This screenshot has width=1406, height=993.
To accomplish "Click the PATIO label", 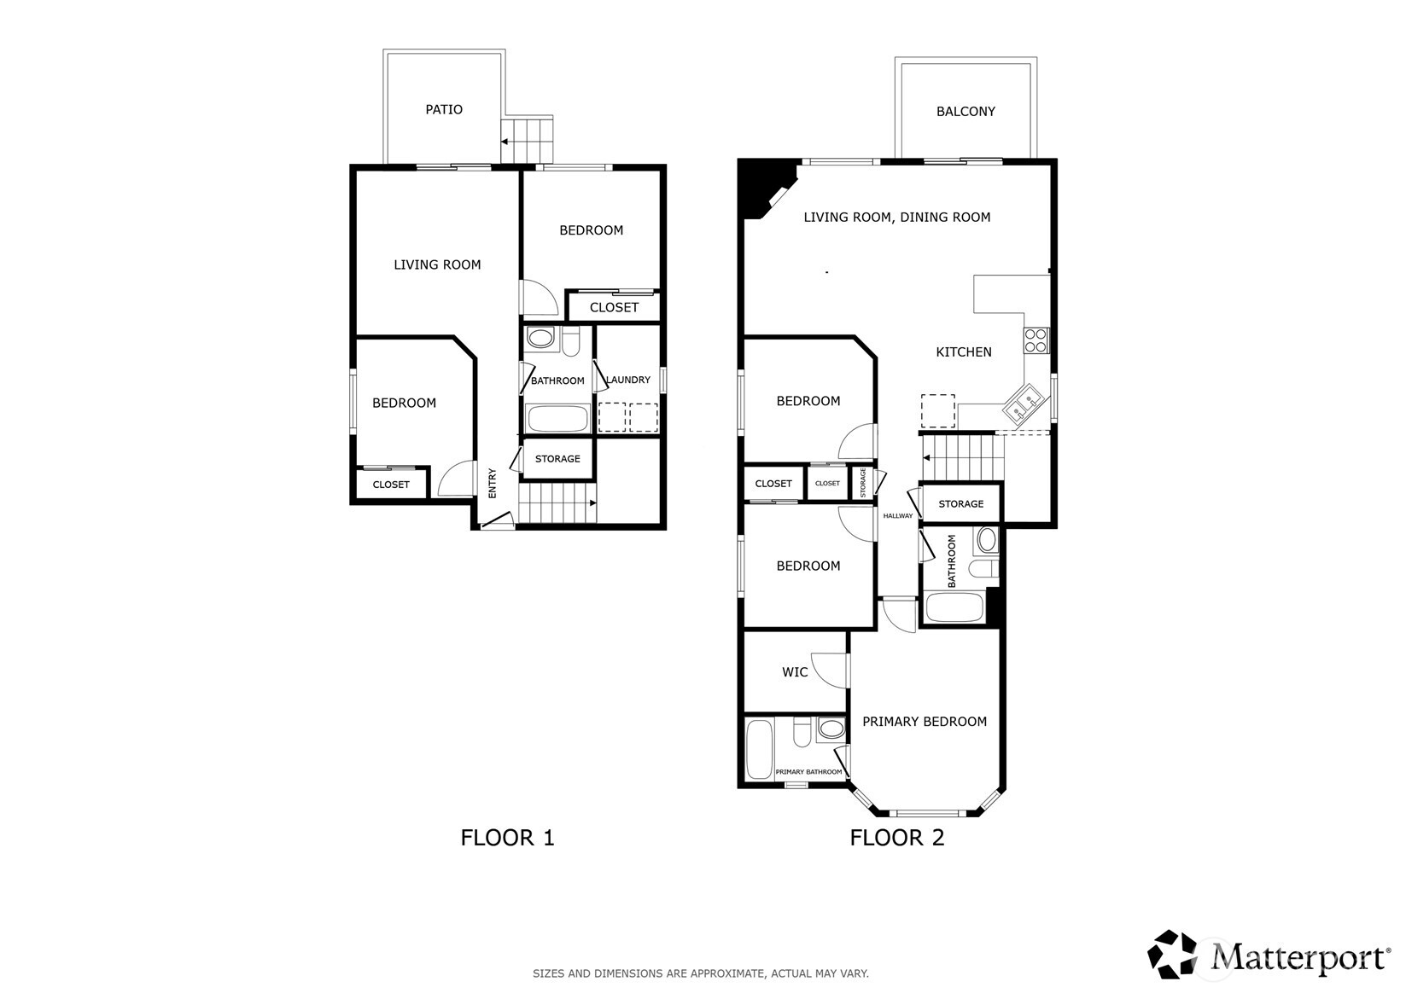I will click(x=444, y=109).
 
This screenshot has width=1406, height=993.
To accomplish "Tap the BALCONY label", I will click(x=966, y=111).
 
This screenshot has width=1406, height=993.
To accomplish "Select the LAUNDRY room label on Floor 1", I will click(x=627, y=380).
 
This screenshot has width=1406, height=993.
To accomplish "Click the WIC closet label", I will click(x=795, y=672).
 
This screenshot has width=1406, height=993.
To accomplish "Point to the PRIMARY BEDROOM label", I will click(x=925, y=722).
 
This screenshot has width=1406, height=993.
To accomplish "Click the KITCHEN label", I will click(x=964, y=351).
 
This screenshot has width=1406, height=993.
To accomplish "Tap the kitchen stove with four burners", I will click(x=1036, y=340).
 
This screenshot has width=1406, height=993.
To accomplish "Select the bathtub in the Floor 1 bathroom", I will click(x=557, y=419).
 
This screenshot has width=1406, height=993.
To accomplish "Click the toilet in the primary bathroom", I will click(x=802, y=731).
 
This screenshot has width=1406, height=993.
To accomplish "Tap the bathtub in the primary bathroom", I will click(x=759, y=750).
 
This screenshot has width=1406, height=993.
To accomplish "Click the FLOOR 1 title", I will click(x=507, y=838).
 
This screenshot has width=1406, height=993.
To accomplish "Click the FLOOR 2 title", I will click(x=896, y=838).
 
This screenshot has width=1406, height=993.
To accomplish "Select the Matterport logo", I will click(x=1269, y=955).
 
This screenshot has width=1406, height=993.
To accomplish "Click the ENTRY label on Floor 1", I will click(x=493, y=484).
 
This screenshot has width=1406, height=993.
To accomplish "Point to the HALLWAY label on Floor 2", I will click(x=897, y=515).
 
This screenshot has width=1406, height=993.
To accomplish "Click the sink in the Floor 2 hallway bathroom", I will click(x=987, y=540).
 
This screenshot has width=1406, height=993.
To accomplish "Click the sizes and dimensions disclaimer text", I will click(x=700, y=973).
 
